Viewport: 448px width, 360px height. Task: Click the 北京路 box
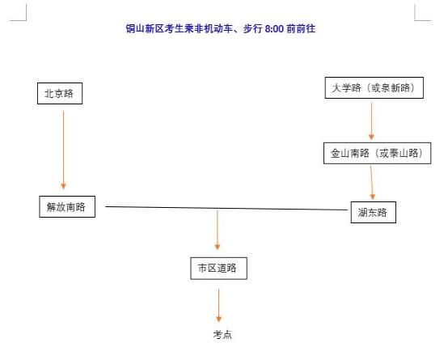tap(60, 94)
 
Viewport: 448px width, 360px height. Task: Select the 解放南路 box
tap(67, 207)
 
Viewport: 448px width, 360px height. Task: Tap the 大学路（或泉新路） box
tap(374, 88)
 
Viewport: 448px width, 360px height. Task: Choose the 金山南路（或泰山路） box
tap(377, 153)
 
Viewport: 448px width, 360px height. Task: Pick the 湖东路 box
tap(374, 213)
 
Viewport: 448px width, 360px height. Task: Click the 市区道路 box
tap(218, 269)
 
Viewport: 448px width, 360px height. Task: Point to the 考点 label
tap(222, 335)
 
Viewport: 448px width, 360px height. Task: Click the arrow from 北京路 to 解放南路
tap(63, 150)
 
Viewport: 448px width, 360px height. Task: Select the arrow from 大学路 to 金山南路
tap(371, 121)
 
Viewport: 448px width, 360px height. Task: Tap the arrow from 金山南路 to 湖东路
tap(372, 183)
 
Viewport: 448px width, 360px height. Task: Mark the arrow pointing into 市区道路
tap(218, 231)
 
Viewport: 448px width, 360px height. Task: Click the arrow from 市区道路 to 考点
tap(219, 305)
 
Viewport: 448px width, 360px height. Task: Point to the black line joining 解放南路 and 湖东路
tap(226, 208)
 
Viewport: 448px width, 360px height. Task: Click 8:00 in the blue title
tap(274, 29)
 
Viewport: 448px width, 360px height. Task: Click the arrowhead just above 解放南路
tap(63, 186)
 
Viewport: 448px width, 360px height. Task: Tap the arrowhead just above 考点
tap(219, 320)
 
